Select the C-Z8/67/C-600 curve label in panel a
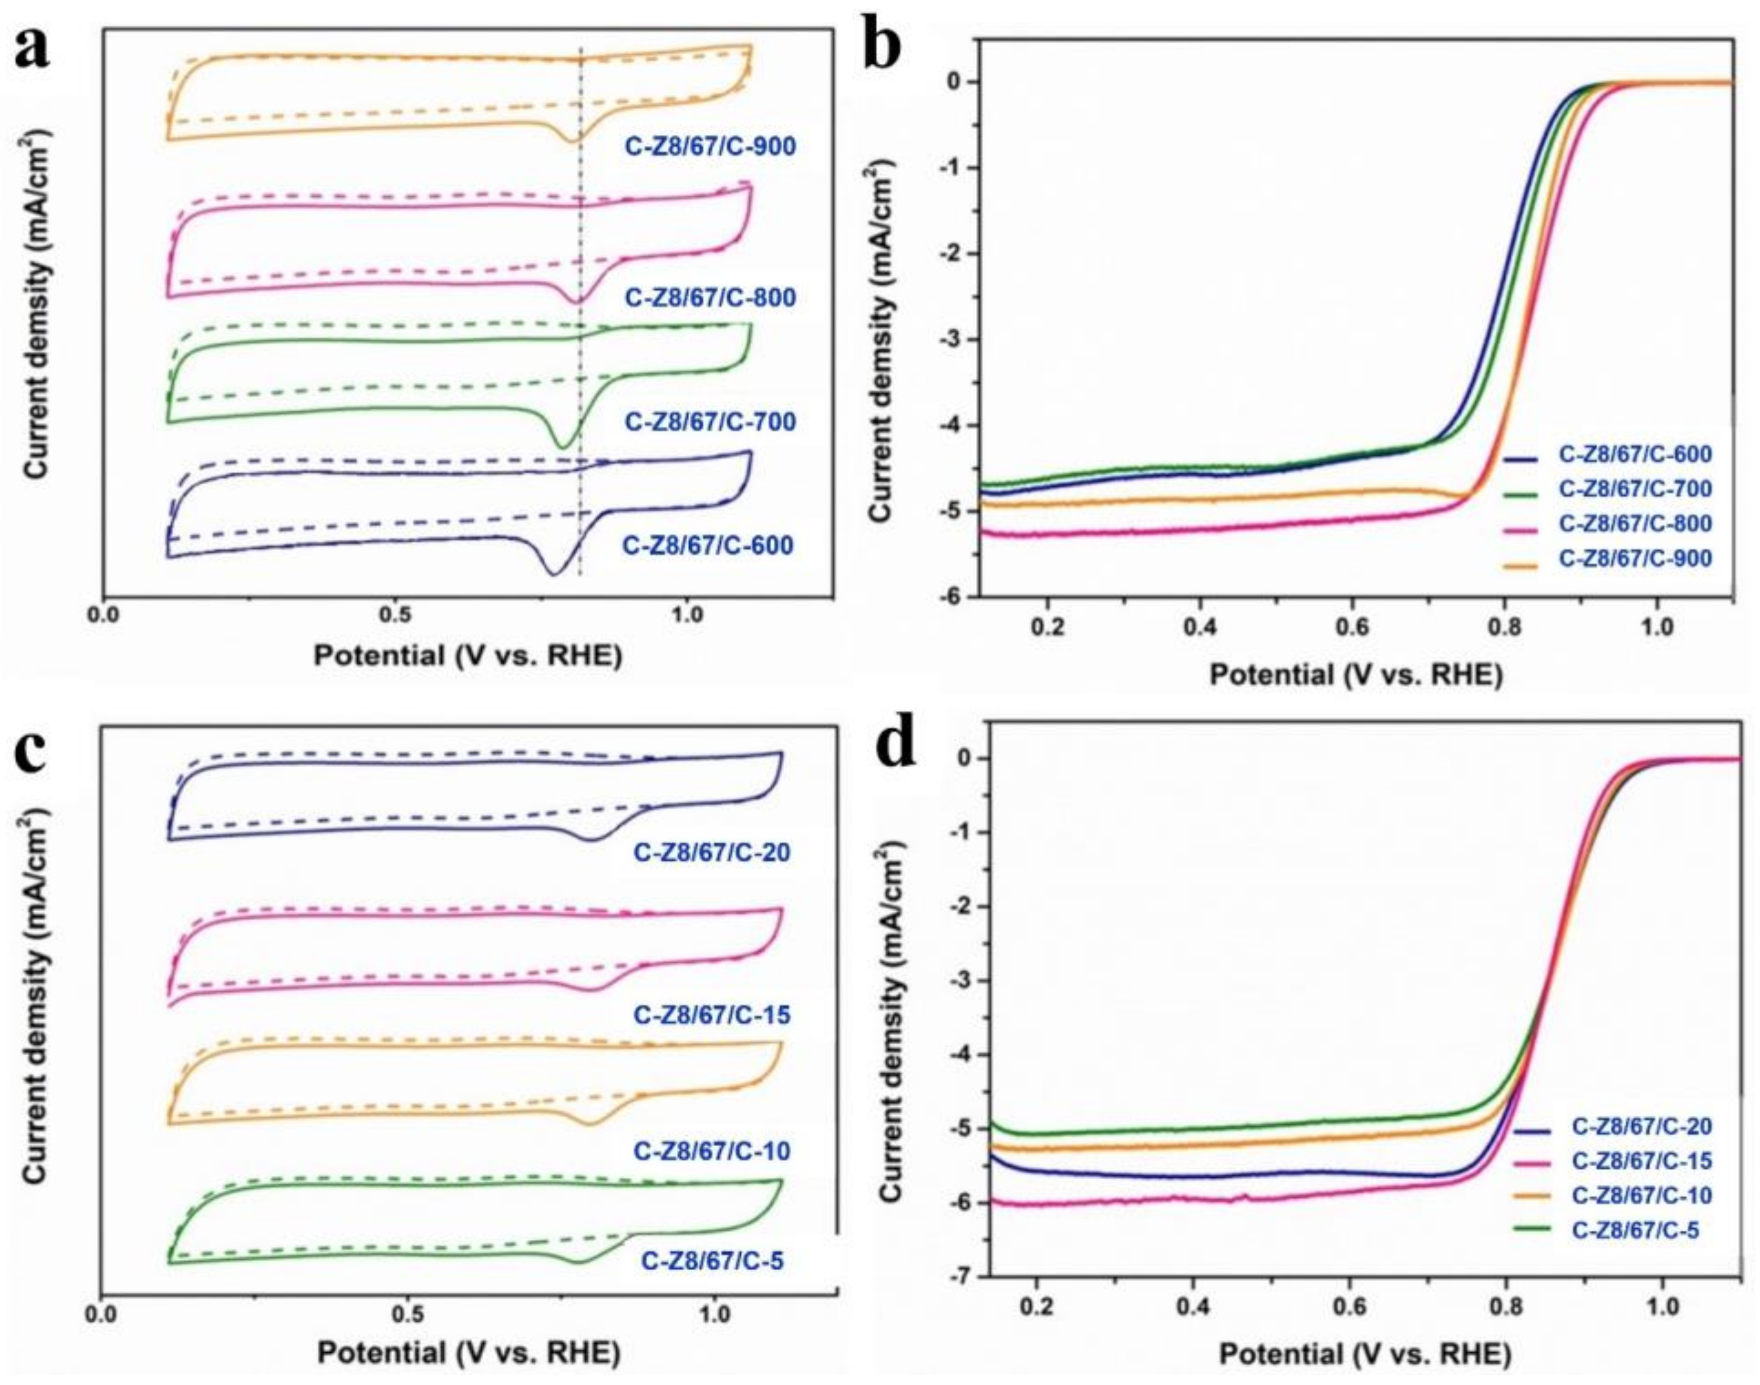(707, 545)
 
